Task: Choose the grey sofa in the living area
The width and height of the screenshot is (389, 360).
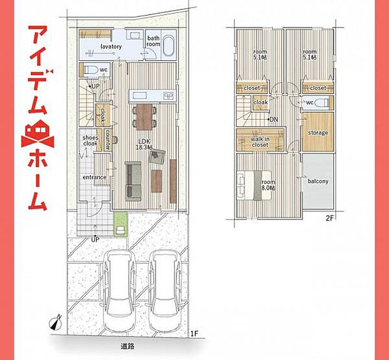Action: click(134, 180)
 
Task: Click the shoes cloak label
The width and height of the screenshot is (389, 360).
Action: click(89, 140)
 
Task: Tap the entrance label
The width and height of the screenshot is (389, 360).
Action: click(94, 177)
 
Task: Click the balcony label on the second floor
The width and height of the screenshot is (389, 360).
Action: click(318, 181)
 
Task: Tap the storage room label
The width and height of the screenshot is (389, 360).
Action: click(317, 133)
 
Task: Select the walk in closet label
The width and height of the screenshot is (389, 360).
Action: click(259, 142)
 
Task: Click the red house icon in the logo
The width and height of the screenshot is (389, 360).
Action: click(37, 132)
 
